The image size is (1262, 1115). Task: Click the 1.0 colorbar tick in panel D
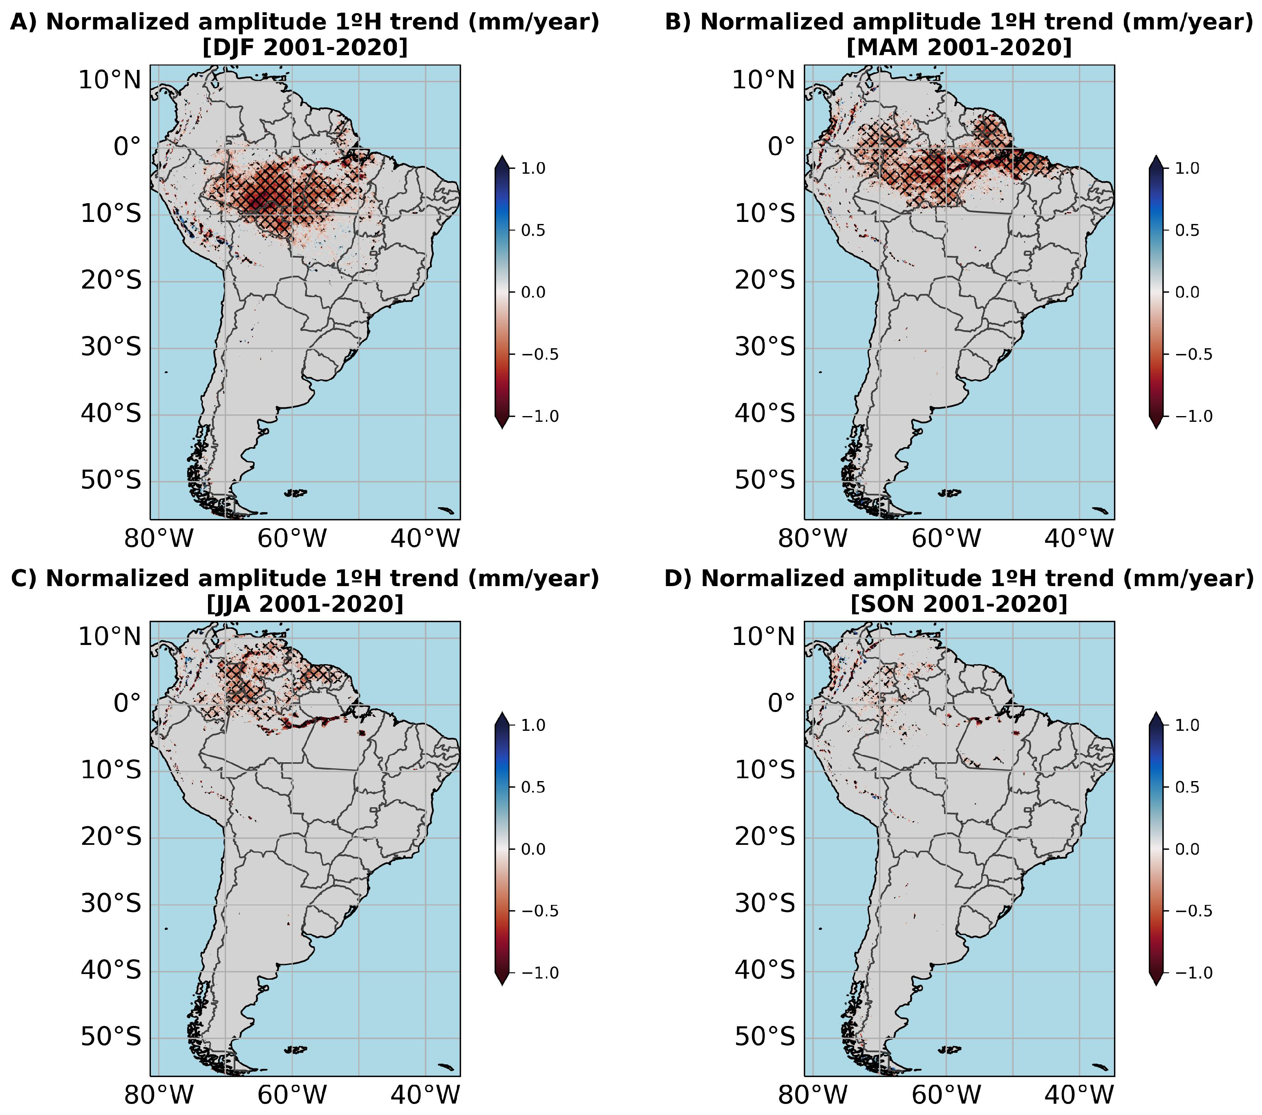click(x=1187, y=725)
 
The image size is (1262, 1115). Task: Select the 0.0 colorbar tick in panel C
click(x=533, y=849)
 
